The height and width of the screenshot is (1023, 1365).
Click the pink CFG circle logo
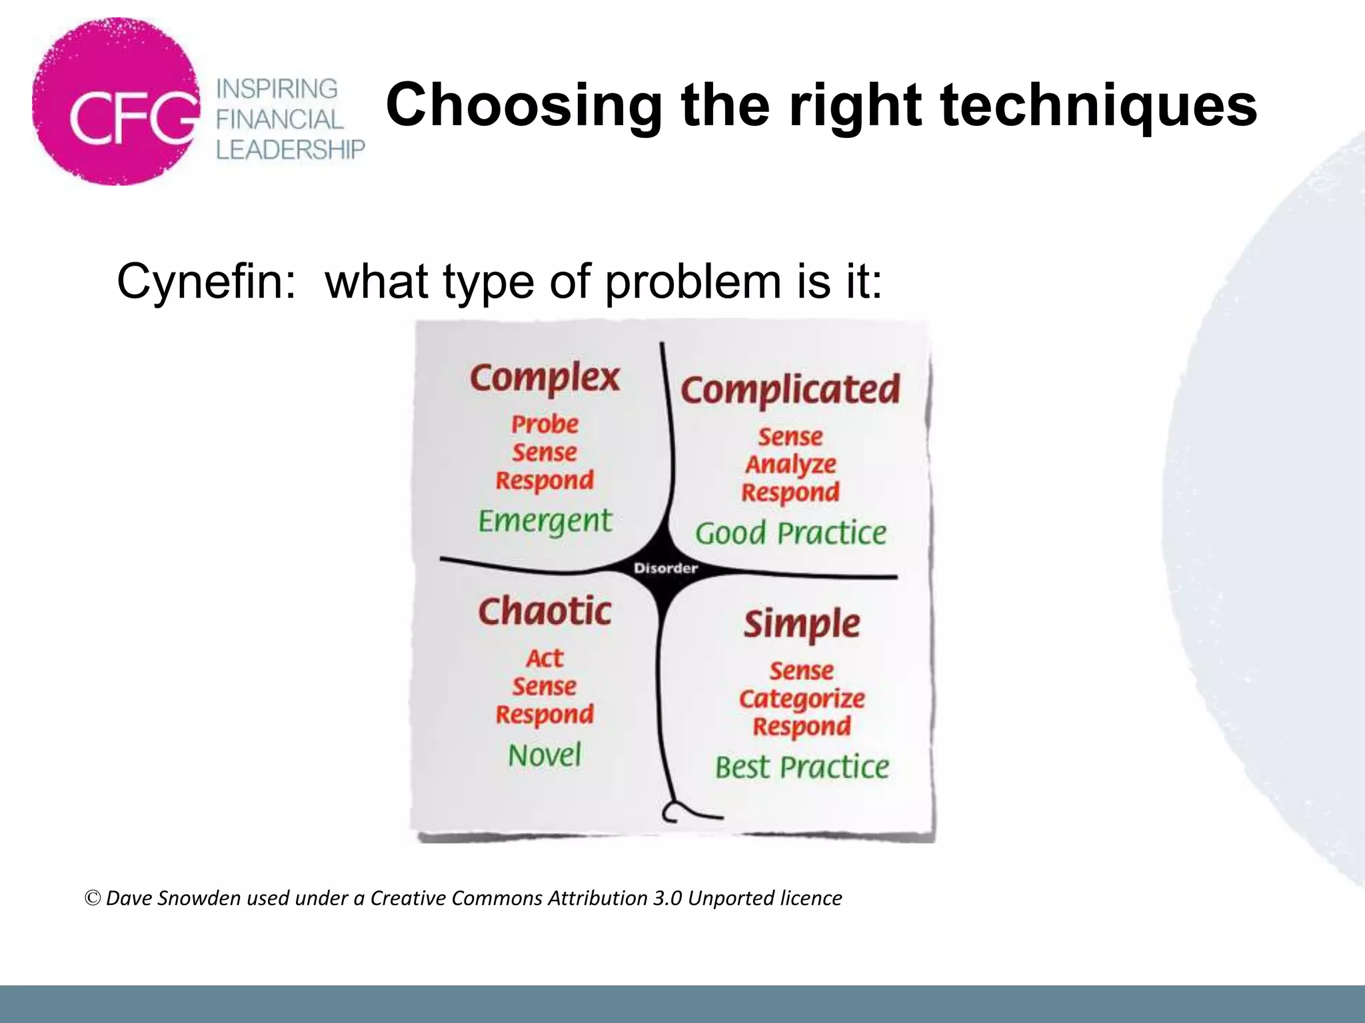click(117, 101)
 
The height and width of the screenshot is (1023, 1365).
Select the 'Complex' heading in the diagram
click(545, 378)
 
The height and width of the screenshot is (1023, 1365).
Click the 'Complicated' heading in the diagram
click(790, 390)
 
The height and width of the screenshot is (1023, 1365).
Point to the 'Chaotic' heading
click(545, 611)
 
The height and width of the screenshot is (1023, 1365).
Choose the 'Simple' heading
click(802, 624)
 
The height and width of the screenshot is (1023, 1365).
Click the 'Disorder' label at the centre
click(665, 568)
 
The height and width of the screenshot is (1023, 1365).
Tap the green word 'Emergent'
click(545, 521)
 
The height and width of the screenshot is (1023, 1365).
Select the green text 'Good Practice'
click(790, 533)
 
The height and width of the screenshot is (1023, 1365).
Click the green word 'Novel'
click(545, 755)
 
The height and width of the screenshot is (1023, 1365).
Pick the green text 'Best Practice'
click(802, 767)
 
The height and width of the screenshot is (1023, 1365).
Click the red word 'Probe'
click(545, 424)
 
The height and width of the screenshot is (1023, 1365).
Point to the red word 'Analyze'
click(790, 464)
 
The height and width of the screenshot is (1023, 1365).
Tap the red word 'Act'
click(545, 658)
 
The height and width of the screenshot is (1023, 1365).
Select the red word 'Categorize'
click(802, 699)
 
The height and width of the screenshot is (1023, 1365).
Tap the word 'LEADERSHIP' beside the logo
click(291, 149)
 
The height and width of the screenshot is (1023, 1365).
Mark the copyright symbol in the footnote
click(93, 898)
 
